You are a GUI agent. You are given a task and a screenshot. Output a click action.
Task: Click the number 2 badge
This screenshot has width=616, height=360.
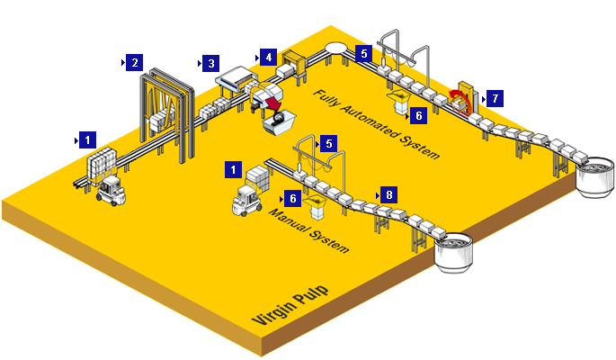tap(134, 62)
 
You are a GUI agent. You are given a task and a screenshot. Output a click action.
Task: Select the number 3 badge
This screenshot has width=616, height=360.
tap(210, 63)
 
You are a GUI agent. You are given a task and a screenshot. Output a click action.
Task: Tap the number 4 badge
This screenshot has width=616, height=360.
tap(269, 57)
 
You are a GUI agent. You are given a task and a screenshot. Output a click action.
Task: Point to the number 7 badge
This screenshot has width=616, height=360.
tap(495, 97)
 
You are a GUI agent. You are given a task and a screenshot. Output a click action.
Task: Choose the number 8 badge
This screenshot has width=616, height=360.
tap(388, 194)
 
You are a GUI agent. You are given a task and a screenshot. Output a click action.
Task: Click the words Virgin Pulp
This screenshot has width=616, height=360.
tap(290, 305)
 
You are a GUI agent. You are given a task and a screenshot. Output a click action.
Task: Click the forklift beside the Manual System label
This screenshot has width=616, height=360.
tap(246, 201)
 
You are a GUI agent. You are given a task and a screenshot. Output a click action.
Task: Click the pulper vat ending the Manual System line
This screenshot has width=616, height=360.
tap(454, 251)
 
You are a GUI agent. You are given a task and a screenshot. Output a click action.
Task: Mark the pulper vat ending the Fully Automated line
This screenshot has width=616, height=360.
tap(594, 175)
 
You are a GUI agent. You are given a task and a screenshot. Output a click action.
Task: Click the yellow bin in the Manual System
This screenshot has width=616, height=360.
tap(318, 208)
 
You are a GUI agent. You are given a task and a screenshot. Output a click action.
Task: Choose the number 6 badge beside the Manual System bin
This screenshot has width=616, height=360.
tap(293, 197)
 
